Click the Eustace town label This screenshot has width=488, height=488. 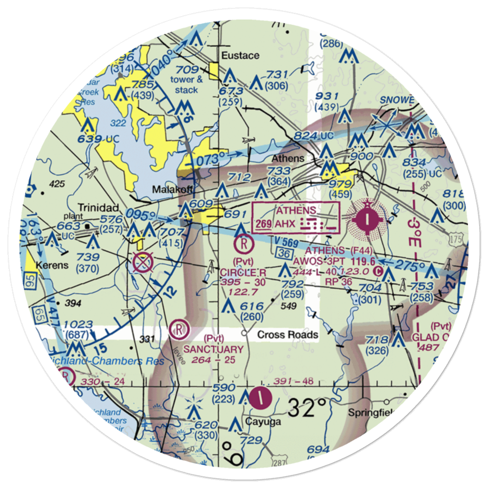coord(240,55)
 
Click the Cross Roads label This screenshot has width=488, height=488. coord(288,335)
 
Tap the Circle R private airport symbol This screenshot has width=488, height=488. coord(243,242)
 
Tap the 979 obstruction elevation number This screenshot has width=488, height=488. coord(340,184)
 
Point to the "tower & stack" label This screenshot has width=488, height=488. coord(187,85)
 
